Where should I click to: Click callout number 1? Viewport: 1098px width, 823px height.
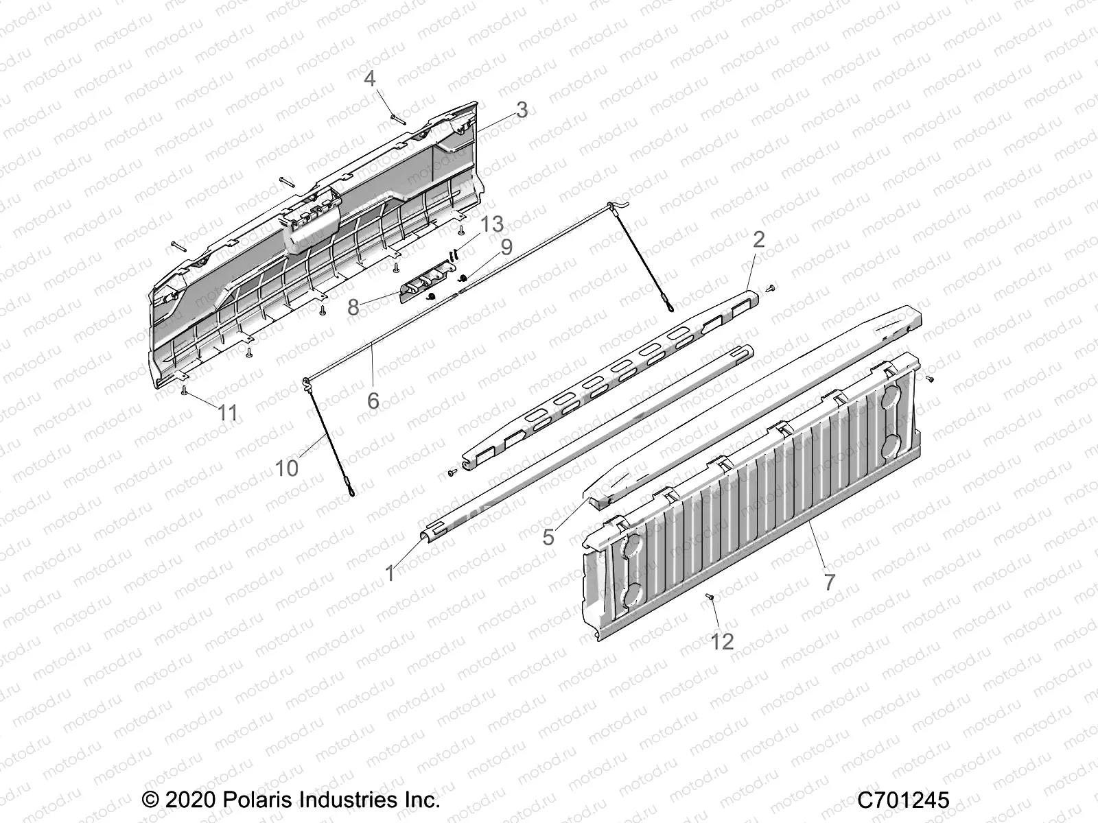(390, 573)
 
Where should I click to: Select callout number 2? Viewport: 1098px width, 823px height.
(758, 239)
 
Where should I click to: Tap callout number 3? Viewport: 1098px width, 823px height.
(522, 110)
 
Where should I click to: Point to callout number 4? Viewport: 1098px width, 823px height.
(370, 79)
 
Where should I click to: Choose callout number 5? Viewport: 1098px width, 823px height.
(548, 536)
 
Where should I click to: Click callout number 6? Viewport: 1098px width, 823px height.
(373, 400)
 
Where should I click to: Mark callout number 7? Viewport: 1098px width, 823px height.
(830, 582)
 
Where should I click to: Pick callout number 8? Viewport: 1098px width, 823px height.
(353, 307)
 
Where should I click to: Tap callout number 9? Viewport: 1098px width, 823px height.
(506, 247)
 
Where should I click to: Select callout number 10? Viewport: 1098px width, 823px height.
(287, 468)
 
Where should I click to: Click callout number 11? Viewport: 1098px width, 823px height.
(228, 413)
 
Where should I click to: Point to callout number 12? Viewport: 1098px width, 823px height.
(723, 641)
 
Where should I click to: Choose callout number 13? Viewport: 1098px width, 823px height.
(492, 224)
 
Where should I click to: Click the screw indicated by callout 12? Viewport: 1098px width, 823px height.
(710, 598)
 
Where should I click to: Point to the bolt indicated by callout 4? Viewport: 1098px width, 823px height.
(397, 118)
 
